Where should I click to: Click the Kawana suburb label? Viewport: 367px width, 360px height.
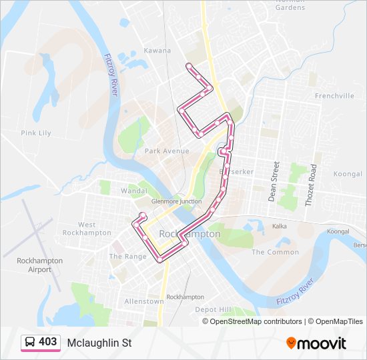pyautogui.click(x=157, y=51)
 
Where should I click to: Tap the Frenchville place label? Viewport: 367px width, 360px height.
pyautogui.click(x=334, y=96)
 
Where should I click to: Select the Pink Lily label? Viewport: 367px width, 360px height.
pyautogui.click(x=36, y=133)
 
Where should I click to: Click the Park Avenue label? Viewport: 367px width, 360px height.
pyautogui.click(x=167, y=151)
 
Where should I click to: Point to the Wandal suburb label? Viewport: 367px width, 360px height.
pyautogui.click(x=134, y=191)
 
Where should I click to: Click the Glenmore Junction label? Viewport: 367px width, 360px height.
pyautogui.click(x=177, y=201)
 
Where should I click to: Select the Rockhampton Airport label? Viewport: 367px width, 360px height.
pyautogui.click(x=40, y=265)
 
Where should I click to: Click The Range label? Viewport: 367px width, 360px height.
pyautogui.click(x=127, y=257)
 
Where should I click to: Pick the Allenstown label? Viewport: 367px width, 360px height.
pyautogui.click(x=144, y=301)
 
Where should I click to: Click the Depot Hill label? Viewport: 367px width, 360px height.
pyautogui.click(x=213, y=310)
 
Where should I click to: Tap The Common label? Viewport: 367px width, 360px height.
pyautogui.click(x=275, y=252)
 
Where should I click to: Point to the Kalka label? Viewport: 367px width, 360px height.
pyautogui.click(x=280, y=227)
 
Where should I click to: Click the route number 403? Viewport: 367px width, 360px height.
pyautogui.click(x=48, y=342)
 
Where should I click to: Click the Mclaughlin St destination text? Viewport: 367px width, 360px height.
pyautogui.click(x=99, y=343)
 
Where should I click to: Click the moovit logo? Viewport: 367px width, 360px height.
pyautogui.click(x=316, y=343)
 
